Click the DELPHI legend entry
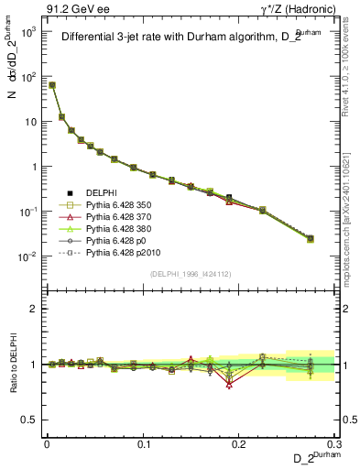102,193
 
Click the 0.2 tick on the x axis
240,444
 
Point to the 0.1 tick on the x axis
143,444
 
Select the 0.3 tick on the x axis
335,444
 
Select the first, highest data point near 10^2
52,85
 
